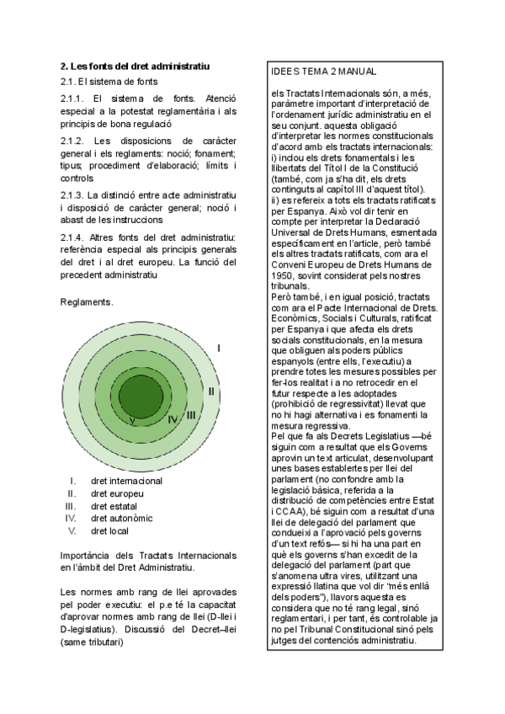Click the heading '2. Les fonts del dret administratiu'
pos(135,66)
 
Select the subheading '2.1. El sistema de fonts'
pos(109,82)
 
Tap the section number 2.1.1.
pos(77,99)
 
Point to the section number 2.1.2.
pos(77,141)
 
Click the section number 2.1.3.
pos(77,195)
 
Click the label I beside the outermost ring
pos(219,348)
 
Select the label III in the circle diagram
pos(191,414)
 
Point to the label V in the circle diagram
pos(133,420)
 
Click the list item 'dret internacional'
pos(126,481)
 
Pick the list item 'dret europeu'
pos(117,493)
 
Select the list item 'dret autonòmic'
pos(121,519)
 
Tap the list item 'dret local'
pos(111,531)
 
